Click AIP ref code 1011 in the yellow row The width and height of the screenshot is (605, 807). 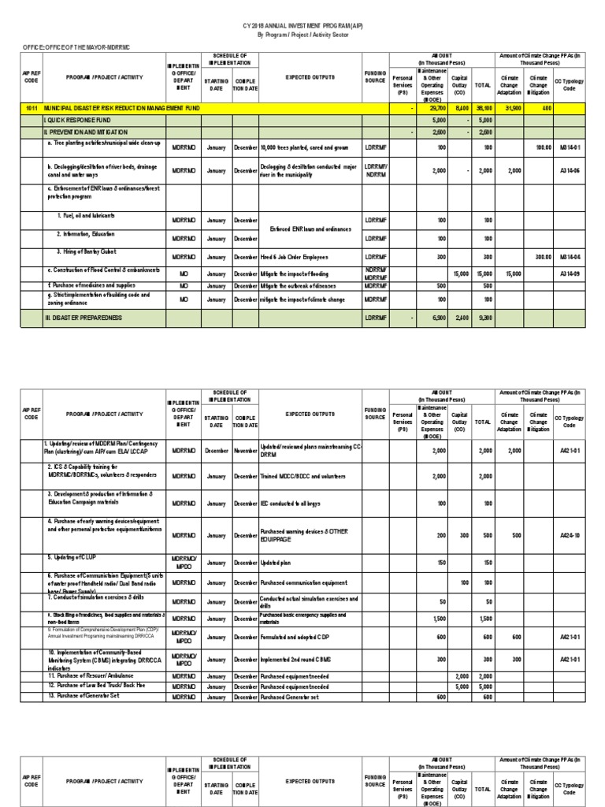32,107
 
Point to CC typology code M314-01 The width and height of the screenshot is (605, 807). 569,147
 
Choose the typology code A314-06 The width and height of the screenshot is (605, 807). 569,170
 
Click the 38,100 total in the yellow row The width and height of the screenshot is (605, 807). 486,107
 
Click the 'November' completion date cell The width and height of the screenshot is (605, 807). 245,448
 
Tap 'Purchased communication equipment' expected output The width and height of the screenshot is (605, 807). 304,582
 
